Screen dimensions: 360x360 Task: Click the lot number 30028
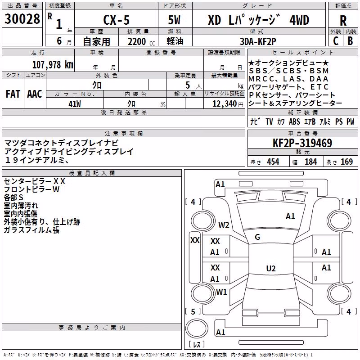(22, 18)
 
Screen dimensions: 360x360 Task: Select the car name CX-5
(117, 20)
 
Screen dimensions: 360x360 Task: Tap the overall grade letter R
(343, 21)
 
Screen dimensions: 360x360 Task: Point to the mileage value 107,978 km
(53, 65)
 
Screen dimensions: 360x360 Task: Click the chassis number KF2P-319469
(302, 143)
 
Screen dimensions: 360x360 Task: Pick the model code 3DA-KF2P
(258, 41)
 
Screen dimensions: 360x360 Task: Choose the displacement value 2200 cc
(141, 41)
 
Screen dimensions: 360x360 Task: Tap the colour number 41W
(75, 104)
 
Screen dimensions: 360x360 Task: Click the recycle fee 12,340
(225, 104)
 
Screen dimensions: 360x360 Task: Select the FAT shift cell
(13, 94)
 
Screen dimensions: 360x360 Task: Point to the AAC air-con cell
(35, 94)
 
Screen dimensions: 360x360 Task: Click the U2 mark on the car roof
(271, 268)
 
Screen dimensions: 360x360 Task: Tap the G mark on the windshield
(257, 237)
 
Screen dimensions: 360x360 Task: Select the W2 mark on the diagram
(224, 225)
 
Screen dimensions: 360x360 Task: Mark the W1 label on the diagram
(221, 292)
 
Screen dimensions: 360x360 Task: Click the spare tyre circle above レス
(197, 328)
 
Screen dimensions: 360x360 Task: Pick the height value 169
(346, 162)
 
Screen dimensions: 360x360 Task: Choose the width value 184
(310, 162)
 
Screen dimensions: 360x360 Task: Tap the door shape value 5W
(175, 20)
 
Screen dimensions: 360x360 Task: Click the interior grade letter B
(350, 41)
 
